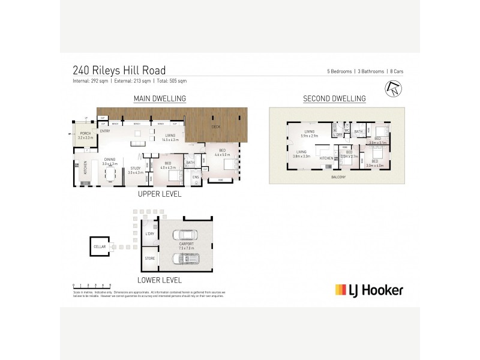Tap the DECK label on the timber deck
click(x=215, y=128)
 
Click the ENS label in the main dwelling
click(x=196, y=177)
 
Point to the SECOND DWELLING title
click(x=334, y=98)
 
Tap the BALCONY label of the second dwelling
click(x=336, y=178)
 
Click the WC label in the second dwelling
click(x=347, y=130)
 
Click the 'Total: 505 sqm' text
click(x=170, y=80)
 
